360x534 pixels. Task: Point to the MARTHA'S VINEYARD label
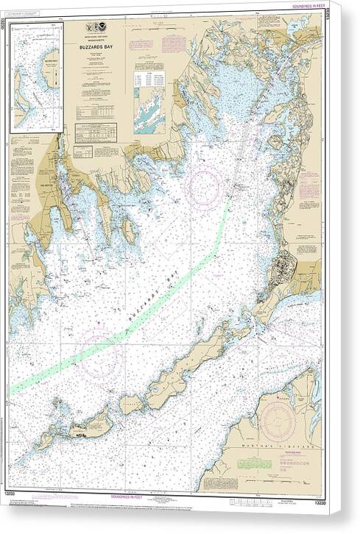click(x=289, y=446)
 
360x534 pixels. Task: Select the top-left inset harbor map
click(x=36, y=76)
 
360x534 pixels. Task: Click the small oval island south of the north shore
click(x=130, y=232)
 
